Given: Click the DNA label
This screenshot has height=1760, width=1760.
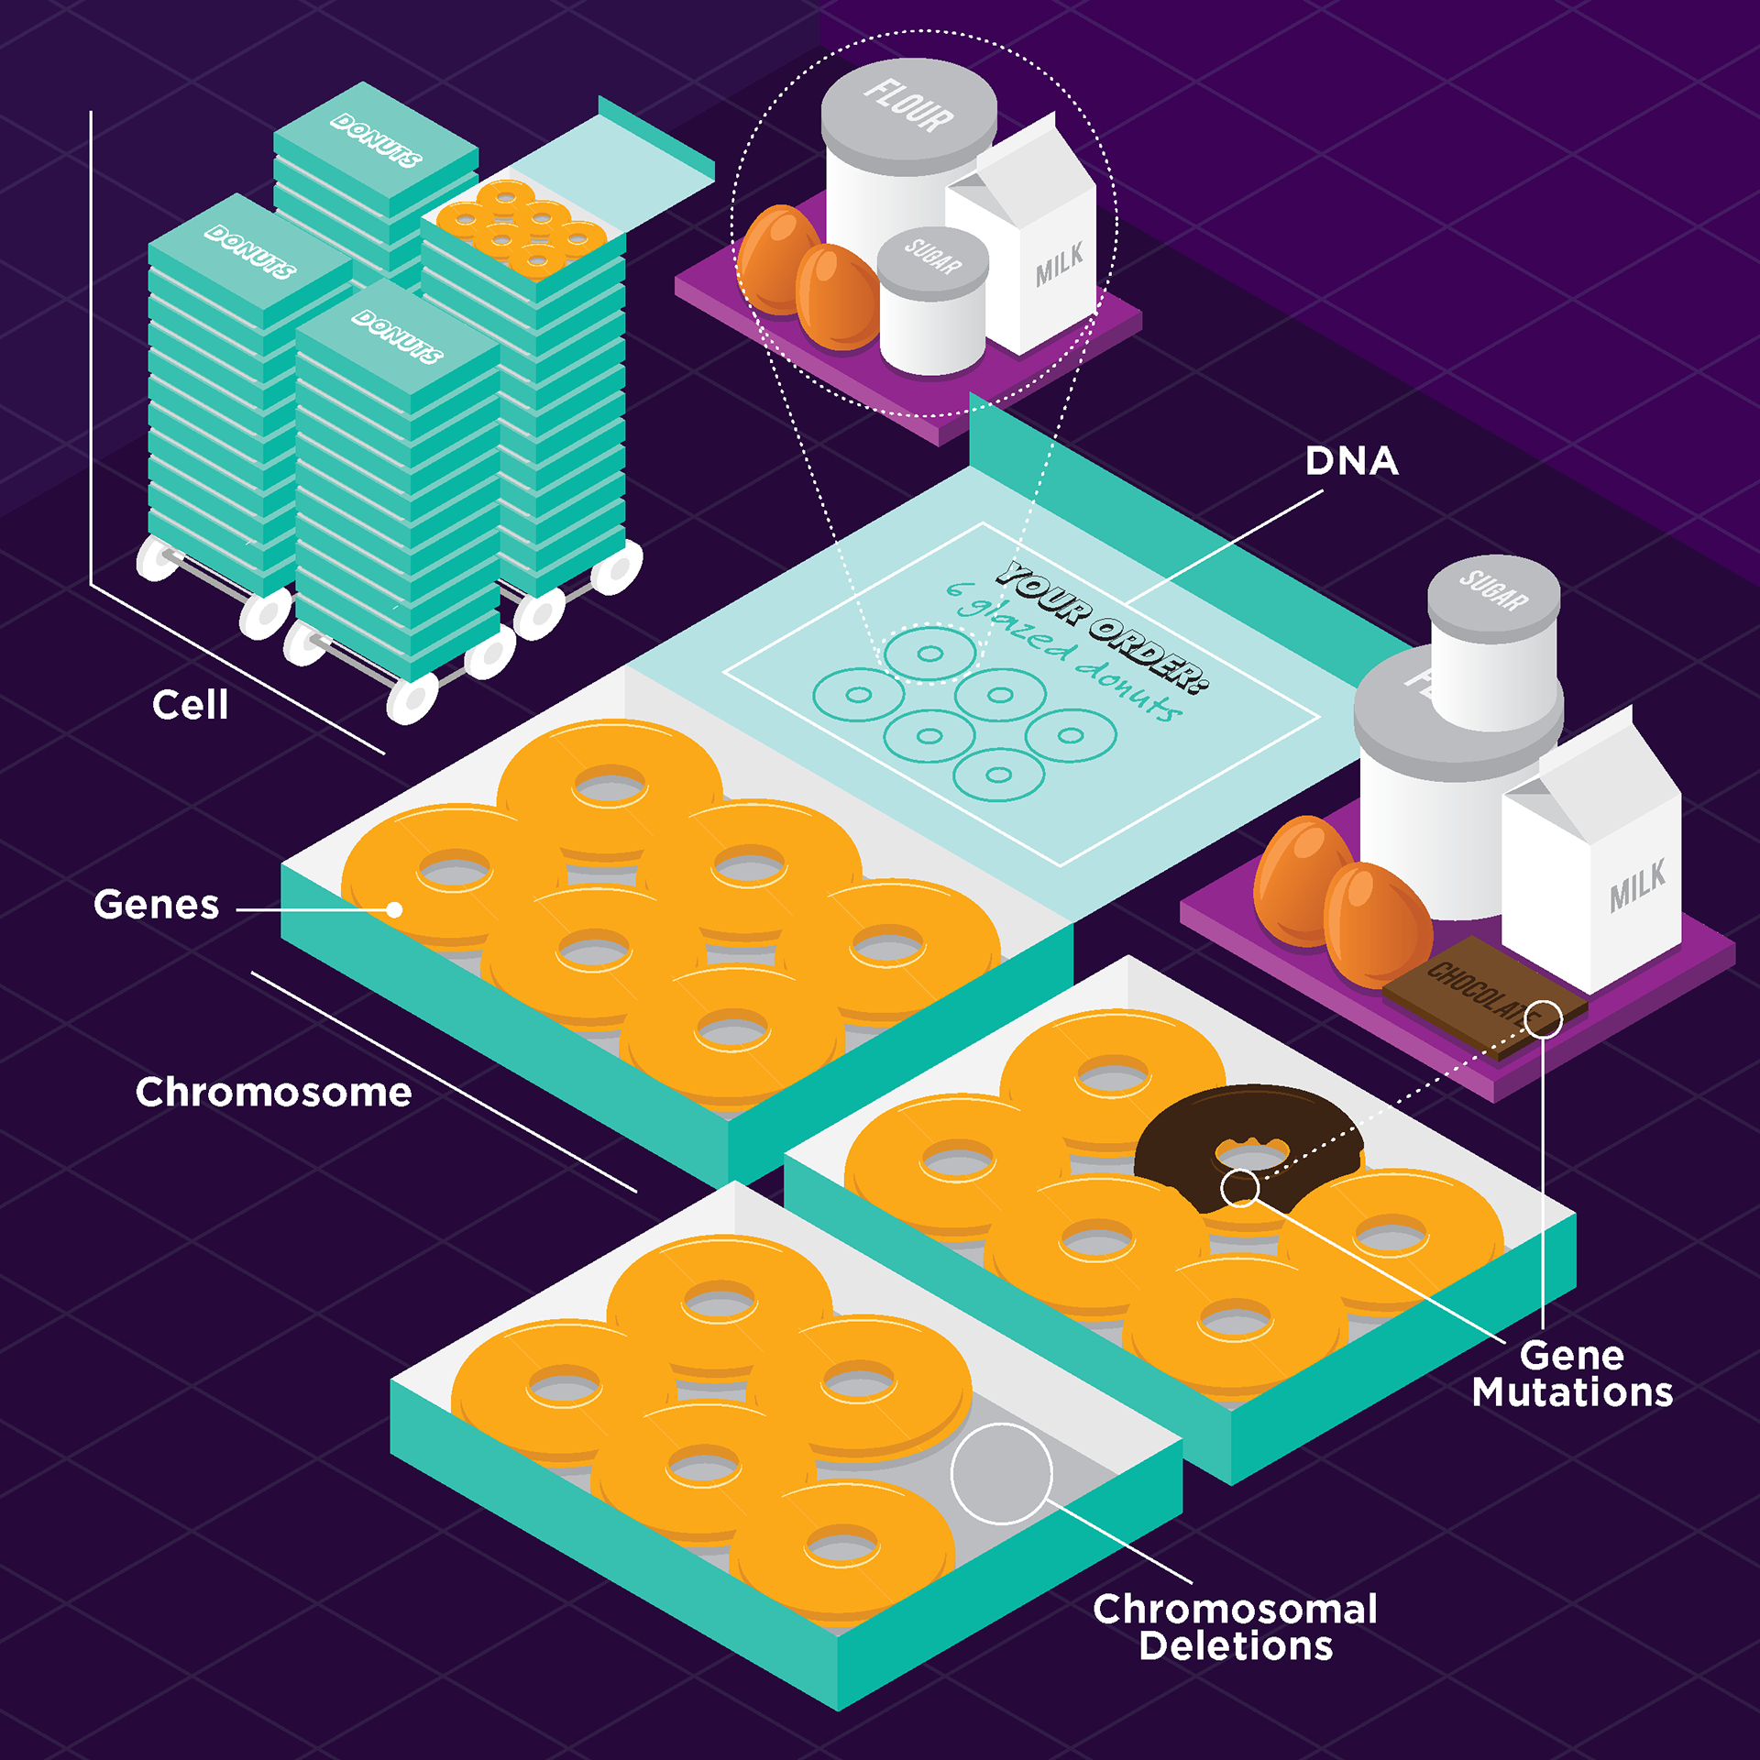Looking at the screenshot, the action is (x=1351, y=461).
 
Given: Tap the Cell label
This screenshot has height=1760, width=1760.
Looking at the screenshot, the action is (x=190, y=705).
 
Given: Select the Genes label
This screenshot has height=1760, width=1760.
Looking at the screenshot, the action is (x=156, y=905).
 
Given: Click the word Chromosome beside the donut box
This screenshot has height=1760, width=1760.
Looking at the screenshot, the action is (x=273, y=1093).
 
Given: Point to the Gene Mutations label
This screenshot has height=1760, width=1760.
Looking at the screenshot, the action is (x=1572, y=1374).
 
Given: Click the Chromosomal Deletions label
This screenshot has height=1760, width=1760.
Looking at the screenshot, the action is (x=1235, y=1628).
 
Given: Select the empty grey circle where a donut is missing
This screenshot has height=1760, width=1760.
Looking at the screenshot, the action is (x=1001, y=1474).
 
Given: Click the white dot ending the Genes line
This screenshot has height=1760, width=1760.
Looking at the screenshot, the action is (x=394, y=909).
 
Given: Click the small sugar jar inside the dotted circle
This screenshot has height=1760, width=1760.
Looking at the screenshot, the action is (x=932, y=302).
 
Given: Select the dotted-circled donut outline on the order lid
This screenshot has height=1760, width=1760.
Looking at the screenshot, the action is (x=929, y=654).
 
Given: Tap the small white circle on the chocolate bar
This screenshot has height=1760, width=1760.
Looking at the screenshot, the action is (x=1543, y=1018).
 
